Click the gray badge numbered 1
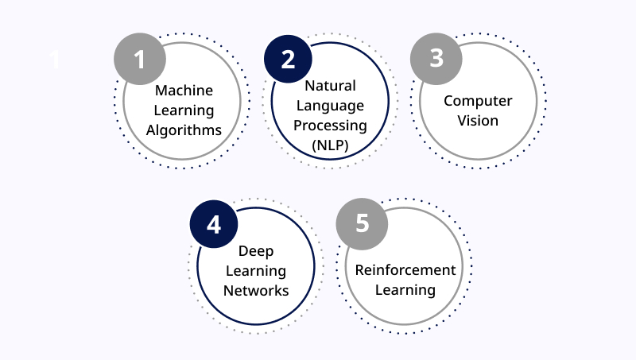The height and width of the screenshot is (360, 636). pos(140,59)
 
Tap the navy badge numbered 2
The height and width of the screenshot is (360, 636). pos(288,59)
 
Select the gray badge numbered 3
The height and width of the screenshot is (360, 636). pos(436,59)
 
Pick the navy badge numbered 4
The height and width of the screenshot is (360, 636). pos(214,224)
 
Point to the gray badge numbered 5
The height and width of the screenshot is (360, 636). pos(362,224)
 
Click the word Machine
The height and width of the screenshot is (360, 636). pos(184,91)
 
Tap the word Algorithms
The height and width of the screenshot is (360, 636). pos(184,130)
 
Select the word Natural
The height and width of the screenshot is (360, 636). pos(330,86)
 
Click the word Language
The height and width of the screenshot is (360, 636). pos(330,106)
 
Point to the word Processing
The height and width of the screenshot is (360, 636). pos(330,126)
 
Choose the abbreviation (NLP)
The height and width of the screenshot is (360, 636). pos(330,145)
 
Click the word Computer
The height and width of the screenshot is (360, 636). pos(478,101)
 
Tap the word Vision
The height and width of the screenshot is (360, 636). pos(478,121)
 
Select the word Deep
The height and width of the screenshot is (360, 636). pos(256,251)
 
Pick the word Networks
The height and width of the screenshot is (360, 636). pos(256,291)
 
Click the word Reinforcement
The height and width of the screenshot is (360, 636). pos(405,270)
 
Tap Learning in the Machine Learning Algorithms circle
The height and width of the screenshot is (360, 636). pos(184,110)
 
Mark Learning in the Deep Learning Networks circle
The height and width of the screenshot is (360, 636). pos(256,271)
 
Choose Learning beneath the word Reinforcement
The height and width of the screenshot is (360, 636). pos(405,290)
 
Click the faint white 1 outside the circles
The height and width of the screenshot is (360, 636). pos(55,60)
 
